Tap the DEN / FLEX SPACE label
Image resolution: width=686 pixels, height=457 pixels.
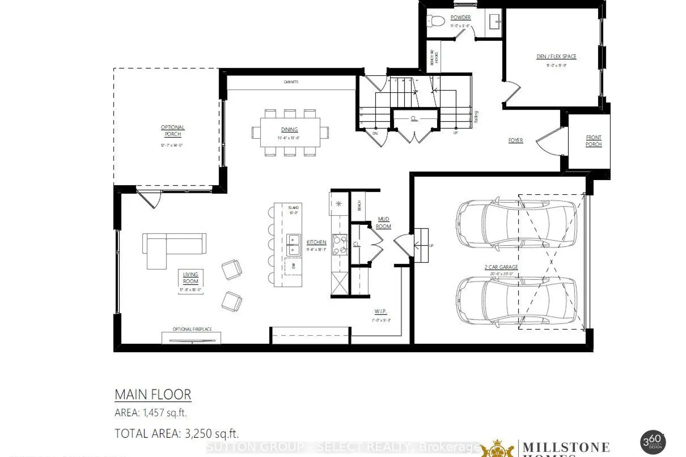556,57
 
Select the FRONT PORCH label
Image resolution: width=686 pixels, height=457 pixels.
594,141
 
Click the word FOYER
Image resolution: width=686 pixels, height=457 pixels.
515,140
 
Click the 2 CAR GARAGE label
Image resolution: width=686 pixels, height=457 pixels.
501,267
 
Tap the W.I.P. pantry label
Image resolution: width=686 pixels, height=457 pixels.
381,312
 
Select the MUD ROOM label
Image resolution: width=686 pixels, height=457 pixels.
383,223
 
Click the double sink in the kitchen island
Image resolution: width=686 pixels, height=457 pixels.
293,245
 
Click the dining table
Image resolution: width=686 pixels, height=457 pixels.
289,133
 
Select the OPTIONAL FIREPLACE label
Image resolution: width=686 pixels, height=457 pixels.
192,329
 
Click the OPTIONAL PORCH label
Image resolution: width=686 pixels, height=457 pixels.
172,131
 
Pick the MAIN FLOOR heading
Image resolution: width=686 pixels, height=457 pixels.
153,394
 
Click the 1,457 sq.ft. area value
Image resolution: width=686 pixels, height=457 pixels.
165,413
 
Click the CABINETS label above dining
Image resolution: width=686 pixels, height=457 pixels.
291,82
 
